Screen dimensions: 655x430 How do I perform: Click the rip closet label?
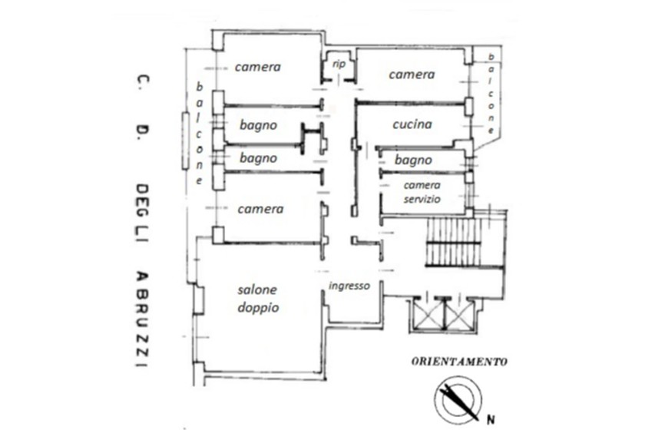coord(339,64)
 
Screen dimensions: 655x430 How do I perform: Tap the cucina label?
coord(412,124)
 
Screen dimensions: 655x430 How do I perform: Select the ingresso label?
coord(349,286)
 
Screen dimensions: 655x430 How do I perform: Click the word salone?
coord(257,289)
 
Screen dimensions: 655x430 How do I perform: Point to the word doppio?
coord(258,308)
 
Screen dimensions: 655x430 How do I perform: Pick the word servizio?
coord(422,199)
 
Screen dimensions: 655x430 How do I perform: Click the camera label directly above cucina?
coord(412,74)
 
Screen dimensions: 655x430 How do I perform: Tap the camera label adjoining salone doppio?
coord(260,209)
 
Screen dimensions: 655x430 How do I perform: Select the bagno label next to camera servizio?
coord(413,160)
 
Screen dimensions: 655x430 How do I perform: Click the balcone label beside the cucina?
coord(491,94)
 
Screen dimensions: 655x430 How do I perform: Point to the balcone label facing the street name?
coord(200,134)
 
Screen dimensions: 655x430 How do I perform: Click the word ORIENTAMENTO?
coord(459,362)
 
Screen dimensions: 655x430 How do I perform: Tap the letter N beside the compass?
coord(491,419)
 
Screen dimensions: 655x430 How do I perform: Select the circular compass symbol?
coord(458,400)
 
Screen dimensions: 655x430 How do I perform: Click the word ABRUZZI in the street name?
coord(142,319)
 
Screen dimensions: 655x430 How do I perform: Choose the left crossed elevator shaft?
coord(428,314)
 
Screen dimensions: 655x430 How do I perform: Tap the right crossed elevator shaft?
coord(460,314)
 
